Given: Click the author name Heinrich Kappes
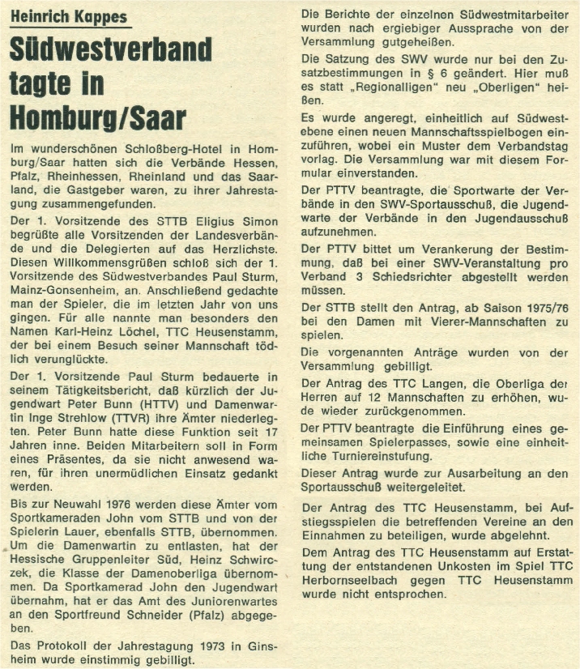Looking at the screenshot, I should pyautogui.click(x=68, y=16).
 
